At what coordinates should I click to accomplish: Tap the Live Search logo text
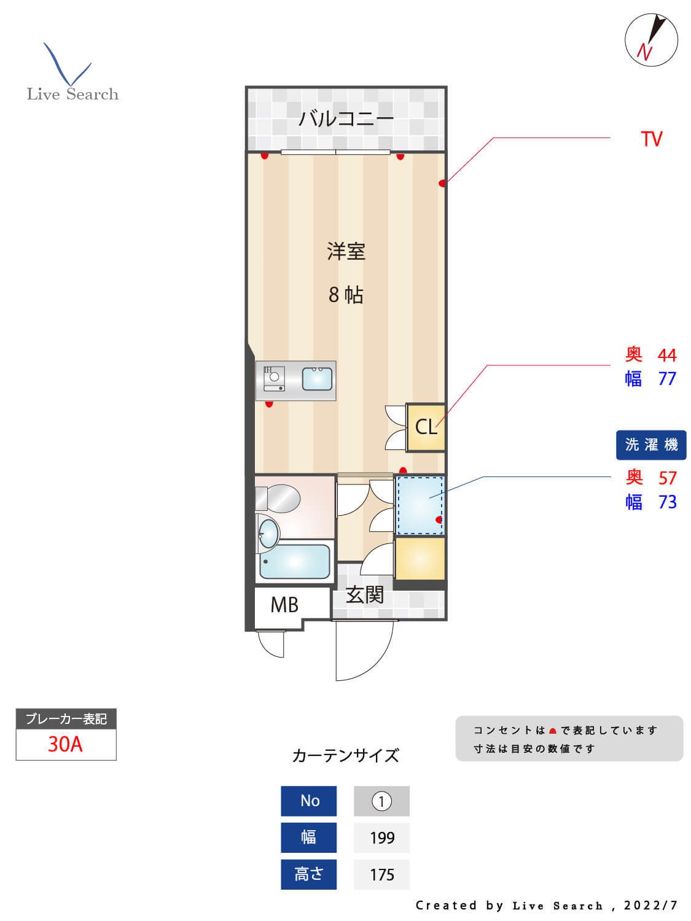72,94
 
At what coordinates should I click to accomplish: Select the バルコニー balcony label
346,118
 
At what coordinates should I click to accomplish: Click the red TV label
651,139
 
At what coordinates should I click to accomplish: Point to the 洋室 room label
346,251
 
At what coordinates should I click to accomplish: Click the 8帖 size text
346,295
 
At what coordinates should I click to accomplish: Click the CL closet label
426,427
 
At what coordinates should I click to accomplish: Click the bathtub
295,561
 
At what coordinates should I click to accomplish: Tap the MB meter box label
284,605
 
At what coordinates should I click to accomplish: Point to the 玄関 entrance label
364,594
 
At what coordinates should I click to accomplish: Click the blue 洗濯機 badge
651,445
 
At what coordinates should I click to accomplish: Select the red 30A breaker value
65,744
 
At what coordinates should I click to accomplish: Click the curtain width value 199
381,838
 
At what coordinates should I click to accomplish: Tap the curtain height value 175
381,874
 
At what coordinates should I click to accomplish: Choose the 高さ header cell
309,874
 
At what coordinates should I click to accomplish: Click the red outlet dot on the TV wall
442,183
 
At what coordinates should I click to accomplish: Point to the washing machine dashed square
420,505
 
